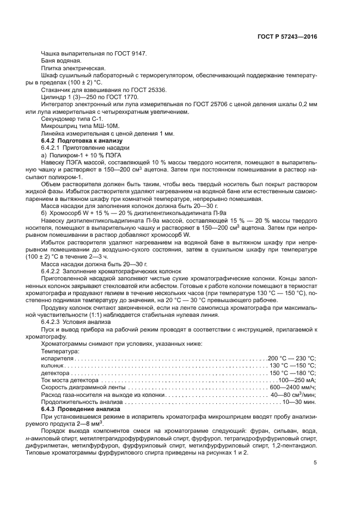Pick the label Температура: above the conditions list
(x=60, y=351)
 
